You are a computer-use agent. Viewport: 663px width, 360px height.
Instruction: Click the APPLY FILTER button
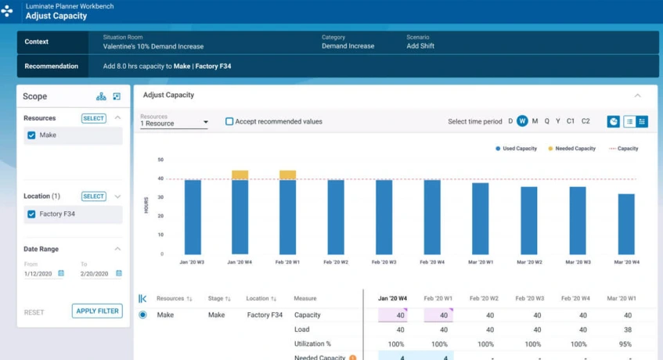[97, 311]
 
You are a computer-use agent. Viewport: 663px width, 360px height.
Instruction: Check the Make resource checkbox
[31, 135]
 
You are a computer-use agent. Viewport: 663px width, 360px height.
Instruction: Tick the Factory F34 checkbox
[31, 214]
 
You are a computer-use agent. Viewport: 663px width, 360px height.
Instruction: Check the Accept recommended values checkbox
[229, 121]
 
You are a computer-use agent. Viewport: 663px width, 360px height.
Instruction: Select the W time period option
[522, 121]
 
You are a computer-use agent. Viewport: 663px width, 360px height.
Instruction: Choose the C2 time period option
[586, 121]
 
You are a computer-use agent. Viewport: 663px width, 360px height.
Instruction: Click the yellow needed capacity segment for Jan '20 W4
[240, 175]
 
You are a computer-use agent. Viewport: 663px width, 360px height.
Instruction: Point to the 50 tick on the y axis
[160, 160]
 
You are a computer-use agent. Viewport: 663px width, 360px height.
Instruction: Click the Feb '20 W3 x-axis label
[384, 262]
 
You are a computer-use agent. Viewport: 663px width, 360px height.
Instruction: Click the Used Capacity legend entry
[516, 148]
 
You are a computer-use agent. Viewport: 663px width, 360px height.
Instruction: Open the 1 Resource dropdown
[174, 122]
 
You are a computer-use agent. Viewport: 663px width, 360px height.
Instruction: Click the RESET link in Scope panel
[34, 312]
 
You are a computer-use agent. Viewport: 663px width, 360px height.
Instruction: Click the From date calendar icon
[61, 274]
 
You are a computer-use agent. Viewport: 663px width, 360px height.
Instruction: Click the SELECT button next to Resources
[93, 118]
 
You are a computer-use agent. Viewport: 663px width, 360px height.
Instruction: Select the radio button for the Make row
[142, 315]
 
